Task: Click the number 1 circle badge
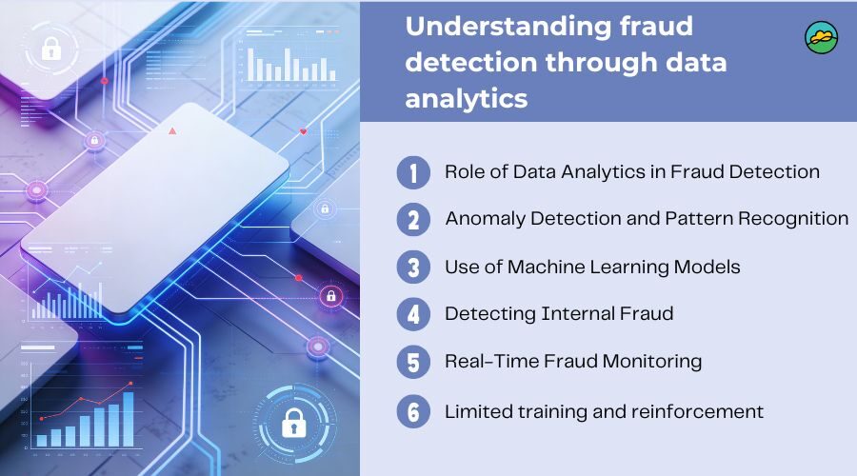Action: (x=413, y=172)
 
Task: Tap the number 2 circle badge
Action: (x=413, y=220)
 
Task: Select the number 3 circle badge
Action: (x=413, y=268)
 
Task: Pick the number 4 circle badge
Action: (x=413, y=314)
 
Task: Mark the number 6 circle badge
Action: (x=413, y=411)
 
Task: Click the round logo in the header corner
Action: (x=821, y=37)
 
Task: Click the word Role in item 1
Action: (x=464, y=172)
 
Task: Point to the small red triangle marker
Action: (x=172, y=129)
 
